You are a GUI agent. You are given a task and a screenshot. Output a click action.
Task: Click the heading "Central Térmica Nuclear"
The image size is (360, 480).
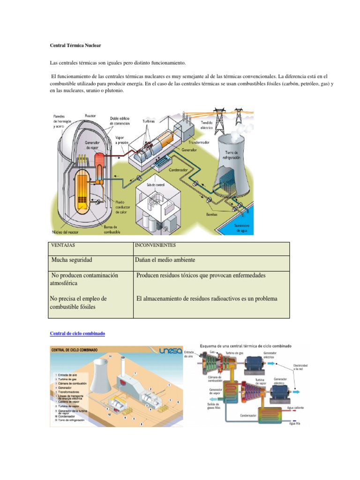[75, 45]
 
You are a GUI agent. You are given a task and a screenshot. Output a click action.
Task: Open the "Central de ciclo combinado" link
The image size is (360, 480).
[77, 333]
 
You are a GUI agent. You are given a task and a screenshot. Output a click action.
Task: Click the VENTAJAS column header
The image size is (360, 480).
[63, 246]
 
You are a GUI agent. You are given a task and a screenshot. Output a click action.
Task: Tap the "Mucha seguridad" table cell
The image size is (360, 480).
[72, 259]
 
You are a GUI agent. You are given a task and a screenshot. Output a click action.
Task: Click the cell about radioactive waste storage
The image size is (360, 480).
[207, 299]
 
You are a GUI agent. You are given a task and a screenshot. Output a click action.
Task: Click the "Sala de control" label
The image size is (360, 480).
[156, 186]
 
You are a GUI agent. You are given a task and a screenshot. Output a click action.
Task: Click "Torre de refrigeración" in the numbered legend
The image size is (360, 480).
[70, 421]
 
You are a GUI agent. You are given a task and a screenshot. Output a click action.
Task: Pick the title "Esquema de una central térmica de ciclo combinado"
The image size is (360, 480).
[246, 346]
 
